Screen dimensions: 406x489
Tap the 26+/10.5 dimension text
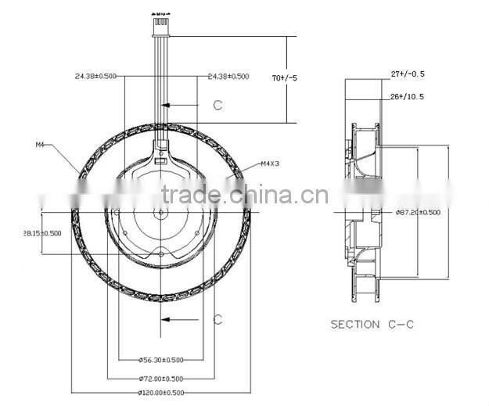point(407,97)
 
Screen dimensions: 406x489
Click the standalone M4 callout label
point(41,145)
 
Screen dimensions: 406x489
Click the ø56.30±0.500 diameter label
point(160,359)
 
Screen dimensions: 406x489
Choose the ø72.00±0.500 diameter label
point(160,377)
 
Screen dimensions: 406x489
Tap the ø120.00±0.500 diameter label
point(160,392)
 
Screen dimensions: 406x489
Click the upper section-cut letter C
point(218,105)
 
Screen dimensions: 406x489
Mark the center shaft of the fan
point(160,212)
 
